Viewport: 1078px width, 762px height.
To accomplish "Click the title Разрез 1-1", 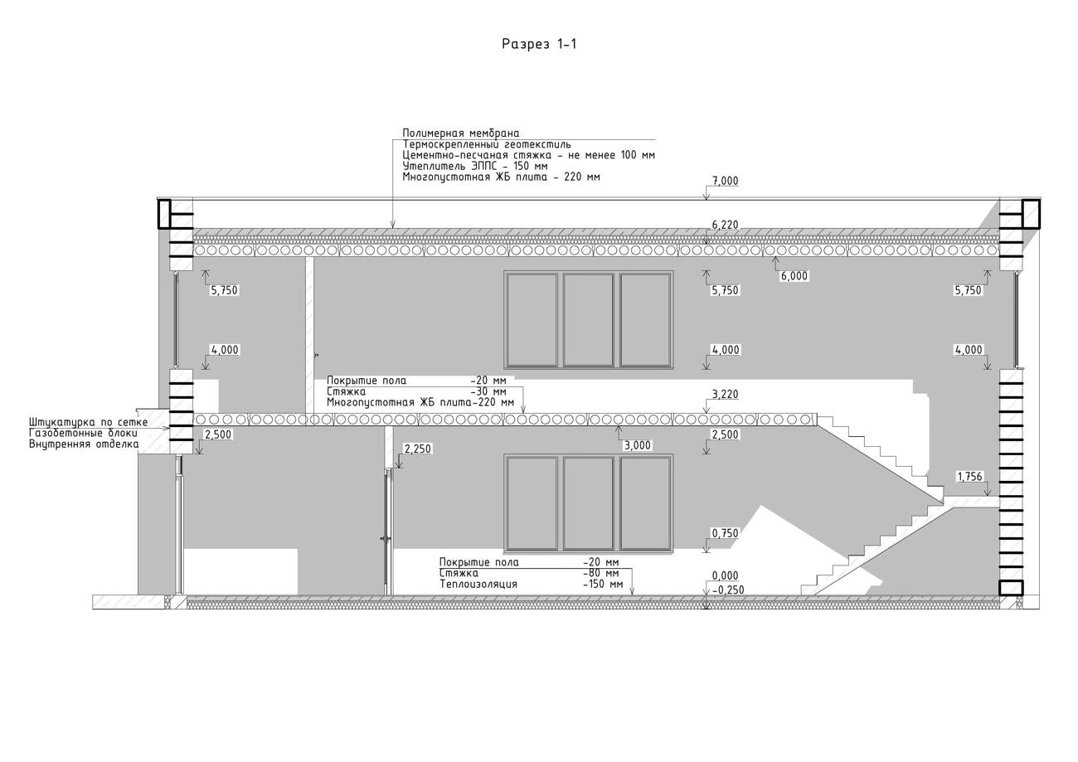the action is click(x=539, y=44).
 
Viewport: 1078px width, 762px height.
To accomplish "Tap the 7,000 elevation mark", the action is click(x=725, y=181).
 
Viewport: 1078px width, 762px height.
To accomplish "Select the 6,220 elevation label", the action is click(x=725, y=226).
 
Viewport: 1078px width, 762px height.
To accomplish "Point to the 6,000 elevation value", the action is click(x=794, y=276).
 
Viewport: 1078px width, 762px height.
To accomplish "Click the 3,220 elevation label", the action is click(x=725, y=395).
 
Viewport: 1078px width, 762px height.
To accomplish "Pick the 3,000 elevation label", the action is click(x=638, y=445).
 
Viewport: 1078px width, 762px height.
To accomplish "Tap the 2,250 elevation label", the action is click(x=418, y=449).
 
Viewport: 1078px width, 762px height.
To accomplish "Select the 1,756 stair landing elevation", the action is click(x=969, y=477).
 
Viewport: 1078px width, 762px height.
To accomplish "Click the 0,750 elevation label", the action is click(x=725, y=533).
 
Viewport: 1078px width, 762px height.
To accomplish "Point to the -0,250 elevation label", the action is click(x=728, y=590).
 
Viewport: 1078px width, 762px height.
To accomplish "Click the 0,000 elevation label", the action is click(x=725, y=575).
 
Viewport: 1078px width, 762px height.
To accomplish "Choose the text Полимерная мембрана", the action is click(x=460, y=133).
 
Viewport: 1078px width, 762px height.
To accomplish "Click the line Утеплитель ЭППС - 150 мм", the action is click(x=475, y=166).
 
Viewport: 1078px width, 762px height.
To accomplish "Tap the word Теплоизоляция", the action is click(x=478, y=584).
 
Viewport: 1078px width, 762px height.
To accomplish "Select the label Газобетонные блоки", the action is click(x=83, y=434).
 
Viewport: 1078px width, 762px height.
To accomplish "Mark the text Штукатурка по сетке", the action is click(x=88, y=422).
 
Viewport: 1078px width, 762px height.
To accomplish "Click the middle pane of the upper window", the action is click(x=589, y=320).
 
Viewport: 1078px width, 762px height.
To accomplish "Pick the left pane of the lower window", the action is click(x=532, y=503).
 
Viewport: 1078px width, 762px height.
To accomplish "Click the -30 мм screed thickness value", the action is click(x=488, y=392).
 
